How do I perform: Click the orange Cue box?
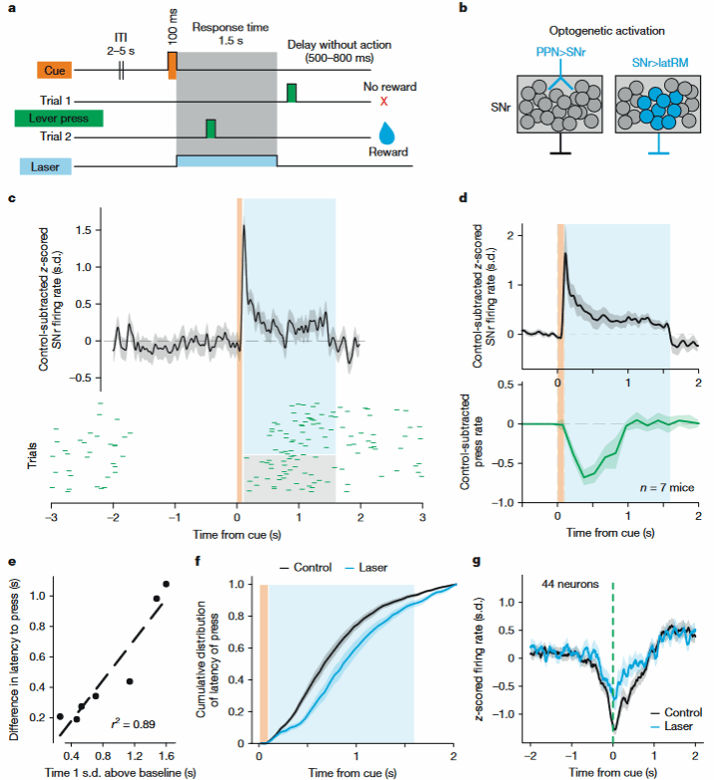point(55,71)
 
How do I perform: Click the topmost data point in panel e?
point(166,584)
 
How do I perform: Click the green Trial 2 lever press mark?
point(210,129)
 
